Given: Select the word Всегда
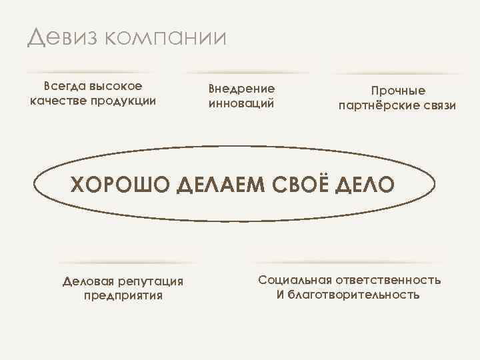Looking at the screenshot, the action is [63, 86].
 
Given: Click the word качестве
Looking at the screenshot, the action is [58, 101].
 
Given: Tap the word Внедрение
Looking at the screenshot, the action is [241, 89].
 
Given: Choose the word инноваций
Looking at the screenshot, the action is [241, 104].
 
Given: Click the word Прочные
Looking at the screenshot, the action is [398, 91].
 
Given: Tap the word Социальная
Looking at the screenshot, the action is [293, 279].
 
